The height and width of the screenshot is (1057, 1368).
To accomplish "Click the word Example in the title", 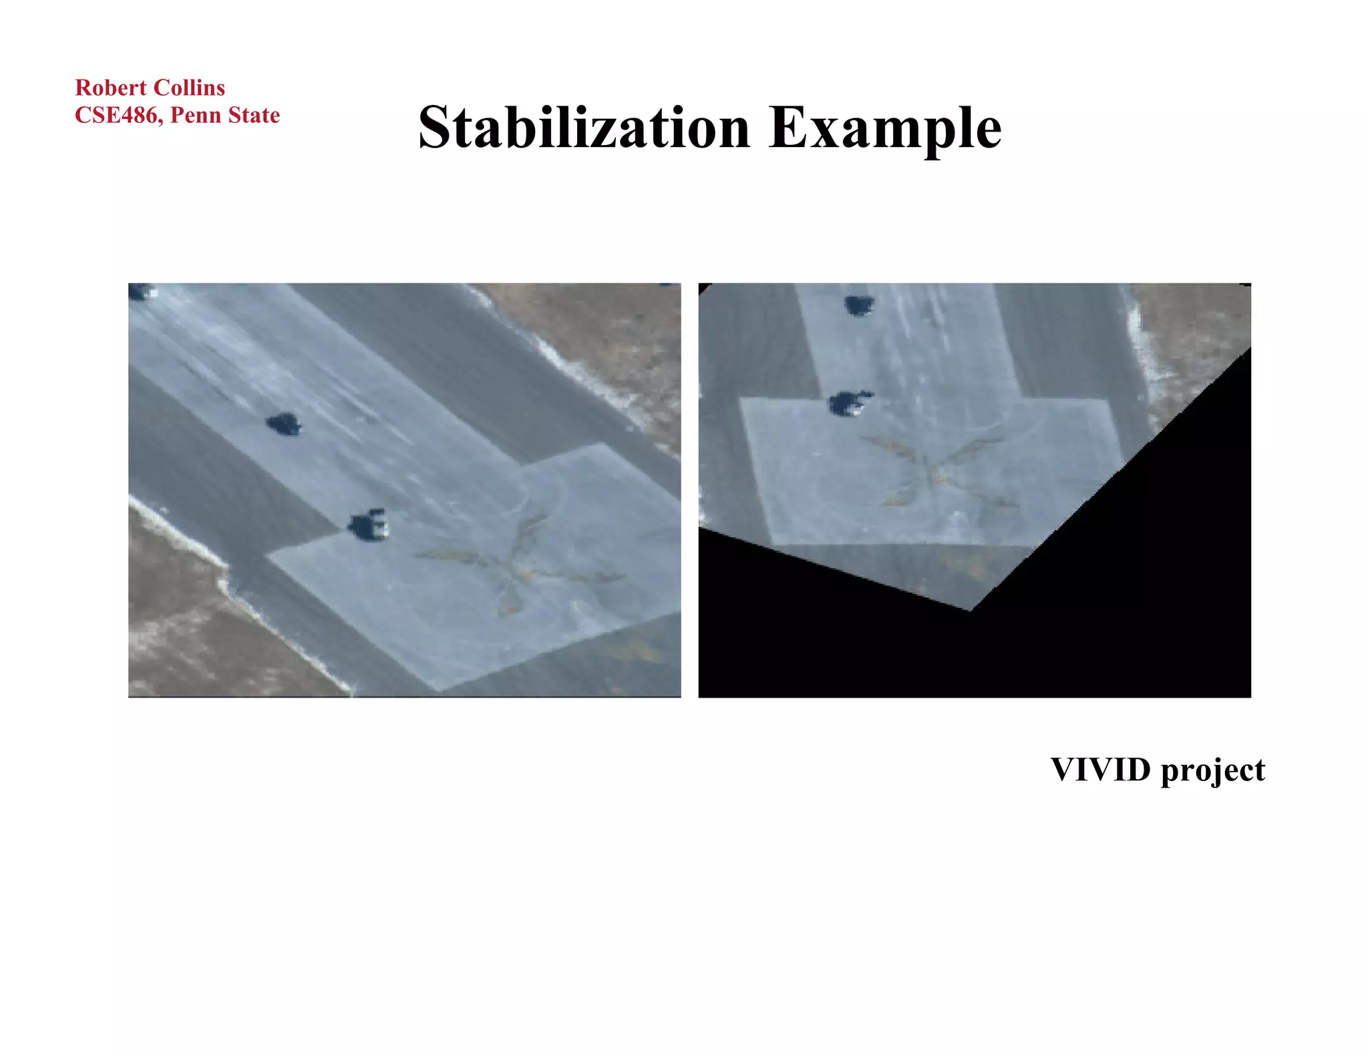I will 885,128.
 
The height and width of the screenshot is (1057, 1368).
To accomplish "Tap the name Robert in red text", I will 111,88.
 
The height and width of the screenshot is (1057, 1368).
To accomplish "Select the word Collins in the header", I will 189,88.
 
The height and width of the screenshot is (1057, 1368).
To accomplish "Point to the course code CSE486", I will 118,115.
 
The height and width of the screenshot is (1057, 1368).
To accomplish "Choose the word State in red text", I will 253,115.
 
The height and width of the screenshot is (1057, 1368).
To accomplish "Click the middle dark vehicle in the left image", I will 283,424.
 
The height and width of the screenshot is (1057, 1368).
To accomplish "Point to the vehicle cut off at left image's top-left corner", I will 140,291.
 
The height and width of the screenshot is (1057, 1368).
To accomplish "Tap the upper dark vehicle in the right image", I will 858,305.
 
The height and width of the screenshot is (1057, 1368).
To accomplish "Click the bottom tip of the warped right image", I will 970,608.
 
